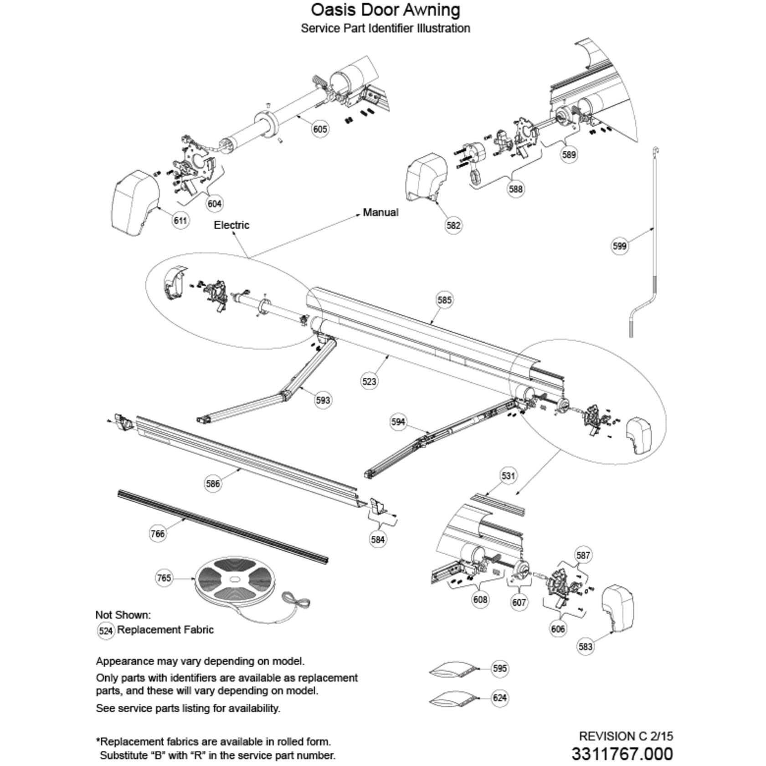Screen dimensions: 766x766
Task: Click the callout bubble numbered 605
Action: click(320, 129)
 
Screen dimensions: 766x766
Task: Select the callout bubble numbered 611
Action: click(180, 221)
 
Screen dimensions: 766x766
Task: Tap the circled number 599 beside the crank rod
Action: click(619, 246)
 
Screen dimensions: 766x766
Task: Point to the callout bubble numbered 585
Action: click(444, 300)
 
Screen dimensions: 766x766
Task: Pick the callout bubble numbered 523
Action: click(369, 381)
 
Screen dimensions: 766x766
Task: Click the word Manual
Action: click(380, 212)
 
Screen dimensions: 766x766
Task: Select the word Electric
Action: click(231, 225)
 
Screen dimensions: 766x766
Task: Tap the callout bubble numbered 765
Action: click(164, 578)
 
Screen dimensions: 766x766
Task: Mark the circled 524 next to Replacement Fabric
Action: click(106, 631)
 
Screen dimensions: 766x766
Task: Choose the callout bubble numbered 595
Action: click(500, 668)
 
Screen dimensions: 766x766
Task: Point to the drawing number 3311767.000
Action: click(622, 754)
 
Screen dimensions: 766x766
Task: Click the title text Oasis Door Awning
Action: click(386, 10)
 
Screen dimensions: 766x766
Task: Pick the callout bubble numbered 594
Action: click(398, 422)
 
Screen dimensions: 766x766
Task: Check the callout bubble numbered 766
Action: click(158, 534)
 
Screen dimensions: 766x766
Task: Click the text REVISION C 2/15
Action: click(626, 736)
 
